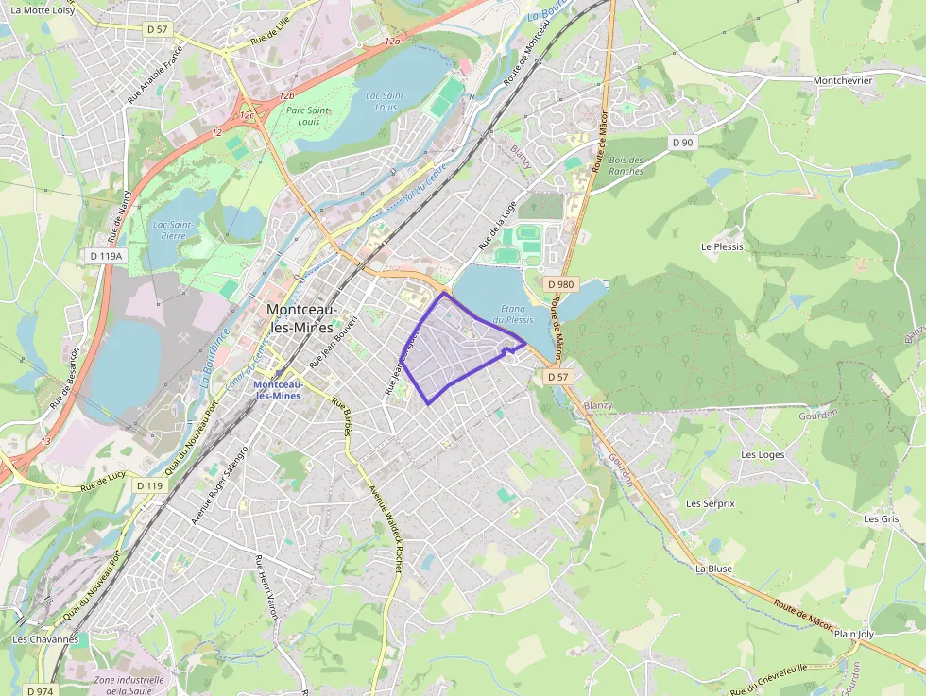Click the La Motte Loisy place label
43,9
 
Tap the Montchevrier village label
843,81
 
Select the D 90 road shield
682,142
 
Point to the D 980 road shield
560,284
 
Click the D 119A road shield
106,256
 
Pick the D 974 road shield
40,690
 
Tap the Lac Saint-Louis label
385,101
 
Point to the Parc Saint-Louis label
308,116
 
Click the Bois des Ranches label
626,165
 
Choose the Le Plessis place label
722,246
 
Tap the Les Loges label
763,454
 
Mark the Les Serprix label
710,503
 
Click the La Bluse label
713,569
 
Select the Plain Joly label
854,634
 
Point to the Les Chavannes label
45,639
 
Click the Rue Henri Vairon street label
267,586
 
